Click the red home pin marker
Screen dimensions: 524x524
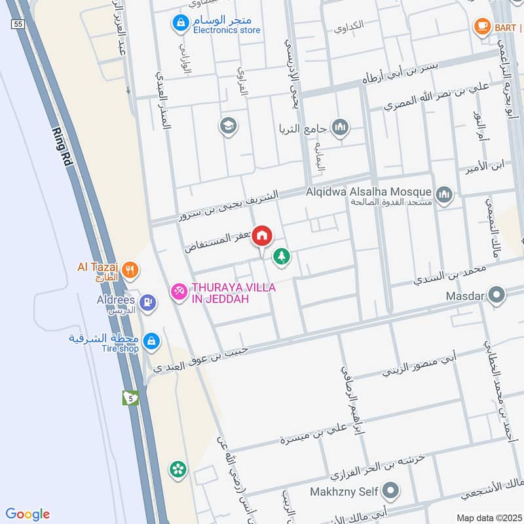[x=262, y=235]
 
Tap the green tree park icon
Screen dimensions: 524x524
[x=282, y=256]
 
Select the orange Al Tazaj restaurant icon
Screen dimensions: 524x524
[x=131, y=268]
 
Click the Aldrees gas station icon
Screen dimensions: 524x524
[x=148, y=301]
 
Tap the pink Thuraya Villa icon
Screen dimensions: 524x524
[x=178, y=292]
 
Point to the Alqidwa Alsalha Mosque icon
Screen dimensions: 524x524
[x=444, y=195]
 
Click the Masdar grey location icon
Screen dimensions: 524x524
[x=496, y=295]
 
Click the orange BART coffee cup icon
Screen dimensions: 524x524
[x=482, y=26]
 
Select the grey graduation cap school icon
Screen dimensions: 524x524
[x=228, y=125]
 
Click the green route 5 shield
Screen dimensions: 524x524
[x=131, y=398]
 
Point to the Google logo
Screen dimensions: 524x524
[x=28, y=514]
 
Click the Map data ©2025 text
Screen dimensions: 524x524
[x=488, y=517]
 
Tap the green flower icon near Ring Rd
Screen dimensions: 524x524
[x=177, y=469]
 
